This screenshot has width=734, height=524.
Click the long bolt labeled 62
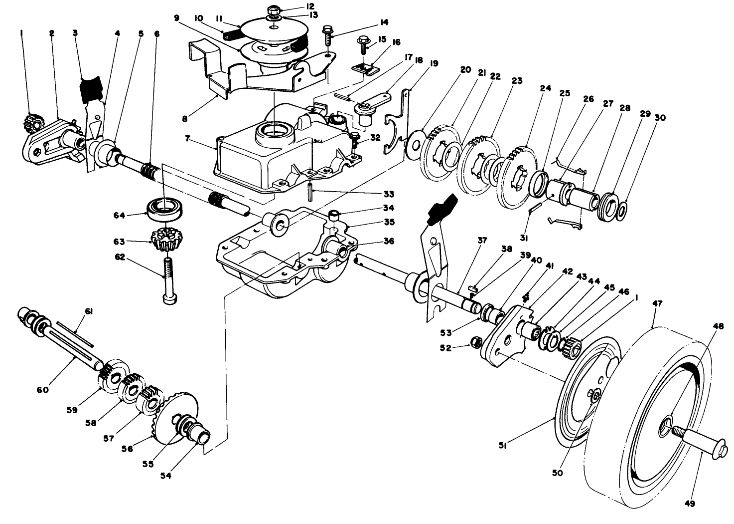[167, 279]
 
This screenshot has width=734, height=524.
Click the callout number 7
[187, 138]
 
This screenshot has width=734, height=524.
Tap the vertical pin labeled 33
[310, 190]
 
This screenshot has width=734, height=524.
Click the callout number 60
[42, 390]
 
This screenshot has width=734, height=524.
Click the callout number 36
[389, 241]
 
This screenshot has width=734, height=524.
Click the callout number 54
[165, 476]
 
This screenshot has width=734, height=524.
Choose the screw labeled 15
[362, 49]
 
